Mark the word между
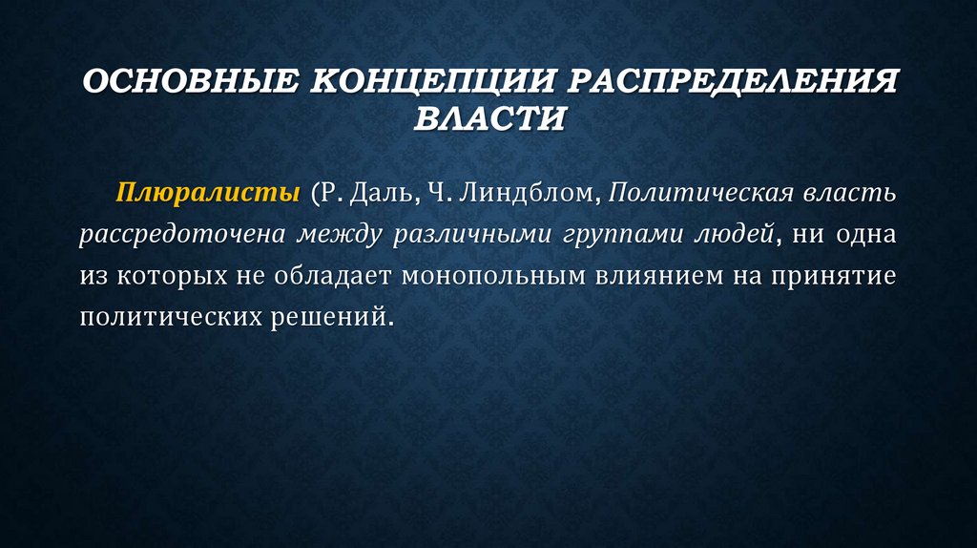(339, 235)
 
